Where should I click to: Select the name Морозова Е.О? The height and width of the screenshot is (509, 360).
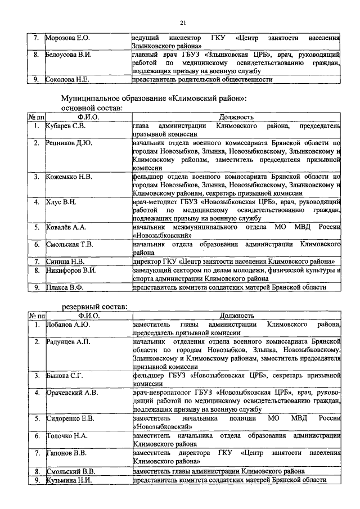pyautogui.click(x=67, y=38)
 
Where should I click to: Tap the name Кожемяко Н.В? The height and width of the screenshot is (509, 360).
pyautogui.click(x=69, y=177)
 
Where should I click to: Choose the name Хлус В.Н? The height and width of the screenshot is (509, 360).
pyautogui.click(x=61, y=201)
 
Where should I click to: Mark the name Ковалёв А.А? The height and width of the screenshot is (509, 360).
pyautogui.click(x=66, y=227)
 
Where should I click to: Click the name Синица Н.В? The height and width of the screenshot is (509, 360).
pyautogui.click(x=65, y=261)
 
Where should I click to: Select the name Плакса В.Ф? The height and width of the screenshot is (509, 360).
pyautogui.click(x=65, y=287)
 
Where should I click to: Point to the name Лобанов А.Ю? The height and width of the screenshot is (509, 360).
pyautogui.click(x=67, y=325)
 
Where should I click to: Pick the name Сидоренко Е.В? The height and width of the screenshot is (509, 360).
pyautogui.click(x=70, y=418)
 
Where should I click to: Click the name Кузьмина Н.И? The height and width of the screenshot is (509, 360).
pyautogui.click(x=69, y=479)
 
